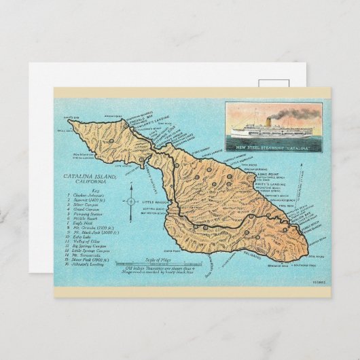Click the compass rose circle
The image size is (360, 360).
click(x=131, y=202)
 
